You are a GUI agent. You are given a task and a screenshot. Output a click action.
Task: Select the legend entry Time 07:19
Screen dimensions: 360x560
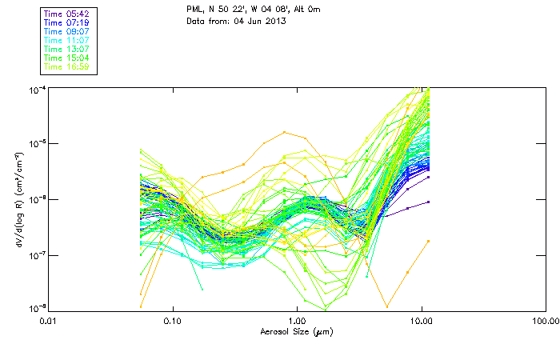pyautogui.click(x=66, y=23)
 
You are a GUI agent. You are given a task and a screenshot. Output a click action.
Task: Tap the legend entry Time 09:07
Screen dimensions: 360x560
pyautogui.click(x=66, y=32)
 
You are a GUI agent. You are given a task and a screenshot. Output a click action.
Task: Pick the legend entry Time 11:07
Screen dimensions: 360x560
pyautogui.click(x=66, y=41)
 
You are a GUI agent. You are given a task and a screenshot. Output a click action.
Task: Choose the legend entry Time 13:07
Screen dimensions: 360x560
pyautogui.click(x=66, y=50)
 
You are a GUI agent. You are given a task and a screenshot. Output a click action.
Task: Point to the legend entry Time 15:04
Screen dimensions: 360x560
pyautogui.click(x=66, y=58)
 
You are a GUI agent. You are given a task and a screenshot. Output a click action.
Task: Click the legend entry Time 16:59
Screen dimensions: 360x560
pyautogui.click(x=66, y=67)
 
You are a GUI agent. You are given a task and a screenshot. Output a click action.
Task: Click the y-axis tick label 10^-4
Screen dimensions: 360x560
pyautogui.click(x=37, y=88)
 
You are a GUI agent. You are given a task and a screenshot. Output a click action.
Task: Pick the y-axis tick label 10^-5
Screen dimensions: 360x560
pyautogui.click(x=37, y=143)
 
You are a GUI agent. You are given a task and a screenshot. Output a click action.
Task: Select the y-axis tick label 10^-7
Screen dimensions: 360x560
pyautogui.click(x=37, y=254)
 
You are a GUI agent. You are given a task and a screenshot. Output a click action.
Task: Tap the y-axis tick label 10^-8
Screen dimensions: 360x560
pyautogui.click(x=37, y=309)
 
